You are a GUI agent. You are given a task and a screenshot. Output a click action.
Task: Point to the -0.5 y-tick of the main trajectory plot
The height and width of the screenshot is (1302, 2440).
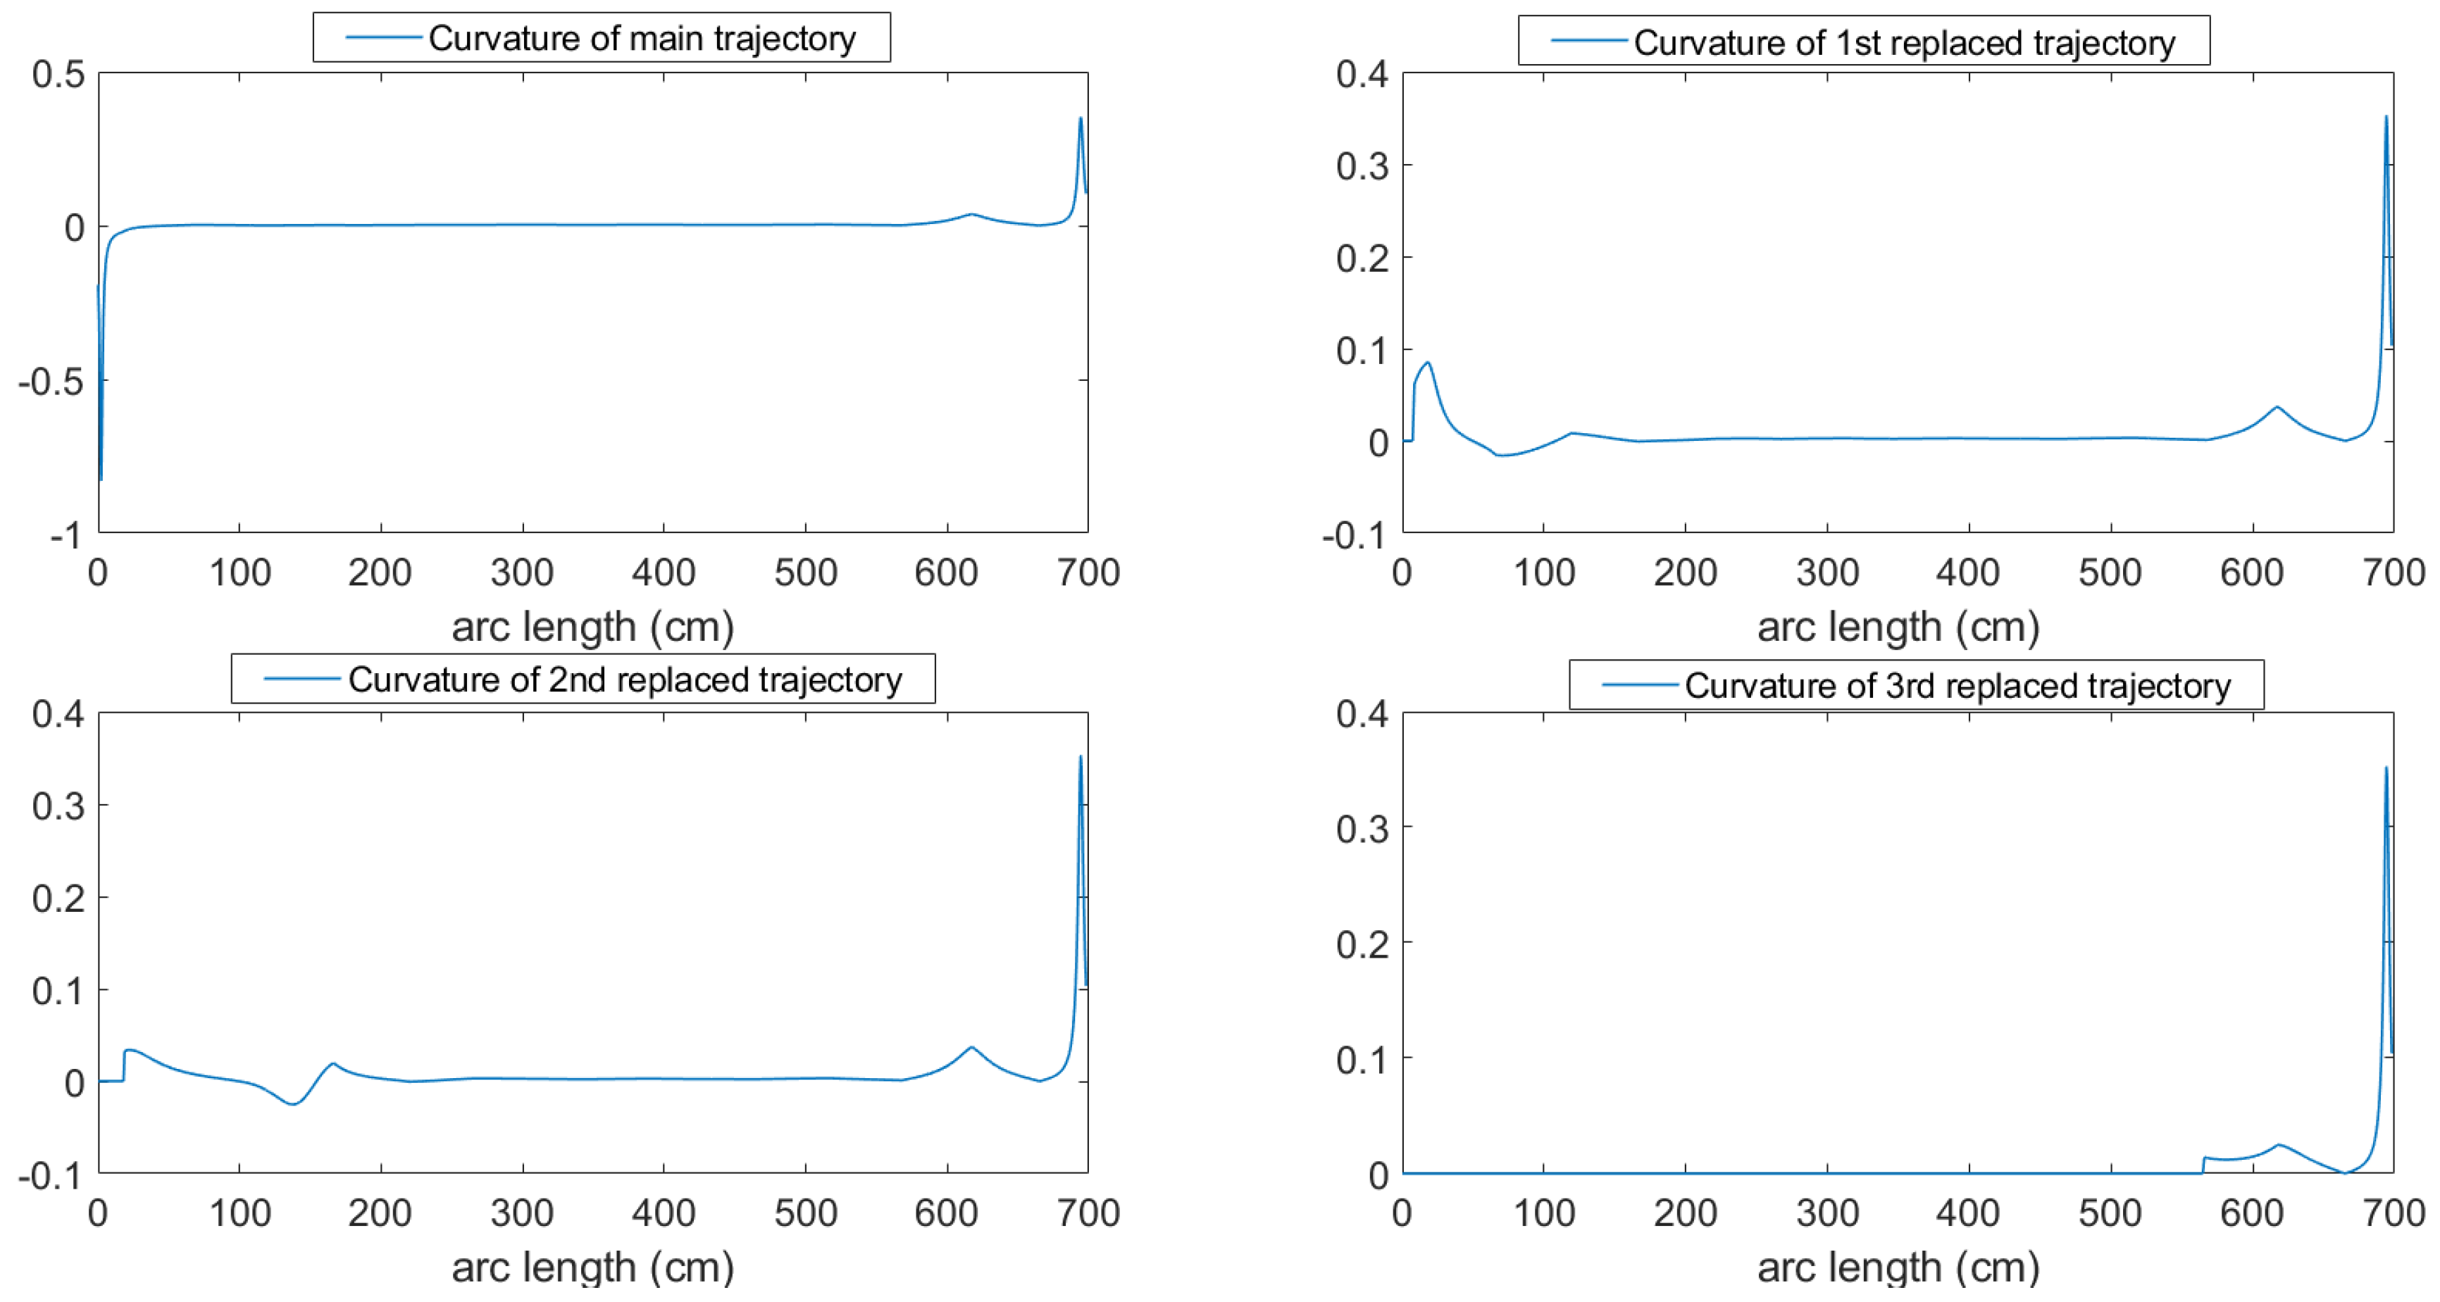pos(50,382)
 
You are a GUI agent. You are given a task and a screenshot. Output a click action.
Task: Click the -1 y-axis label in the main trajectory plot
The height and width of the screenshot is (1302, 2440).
pos(66,536)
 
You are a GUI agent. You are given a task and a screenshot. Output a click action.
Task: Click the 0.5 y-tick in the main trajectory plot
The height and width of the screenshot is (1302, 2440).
pos(58,74)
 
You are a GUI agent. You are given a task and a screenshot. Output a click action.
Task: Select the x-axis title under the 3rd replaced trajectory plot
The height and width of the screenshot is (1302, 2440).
pos(1897,1267)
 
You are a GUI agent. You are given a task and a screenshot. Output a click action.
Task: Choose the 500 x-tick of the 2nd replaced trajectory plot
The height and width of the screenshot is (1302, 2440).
pos(805,1213)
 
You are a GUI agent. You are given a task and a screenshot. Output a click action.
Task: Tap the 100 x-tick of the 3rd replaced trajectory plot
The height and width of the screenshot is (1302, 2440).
pos(1544,1213)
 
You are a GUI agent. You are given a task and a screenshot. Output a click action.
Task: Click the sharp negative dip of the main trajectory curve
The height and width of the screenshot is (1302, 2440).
pos(101,476)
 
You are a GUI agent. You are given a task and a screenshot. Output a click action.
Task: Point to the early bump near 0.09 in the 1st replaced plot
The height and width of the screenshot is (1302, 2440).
pos(1427,363)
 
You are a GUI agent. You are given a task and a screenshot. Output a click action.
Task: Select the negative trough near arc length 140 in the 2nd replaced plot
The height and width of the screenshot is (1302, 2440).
pos(294,1103)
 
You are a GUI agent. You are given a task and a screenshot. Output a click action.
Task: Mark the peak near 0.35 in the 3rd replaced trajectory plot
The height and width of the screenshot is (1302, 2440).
pos(2385,769)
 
